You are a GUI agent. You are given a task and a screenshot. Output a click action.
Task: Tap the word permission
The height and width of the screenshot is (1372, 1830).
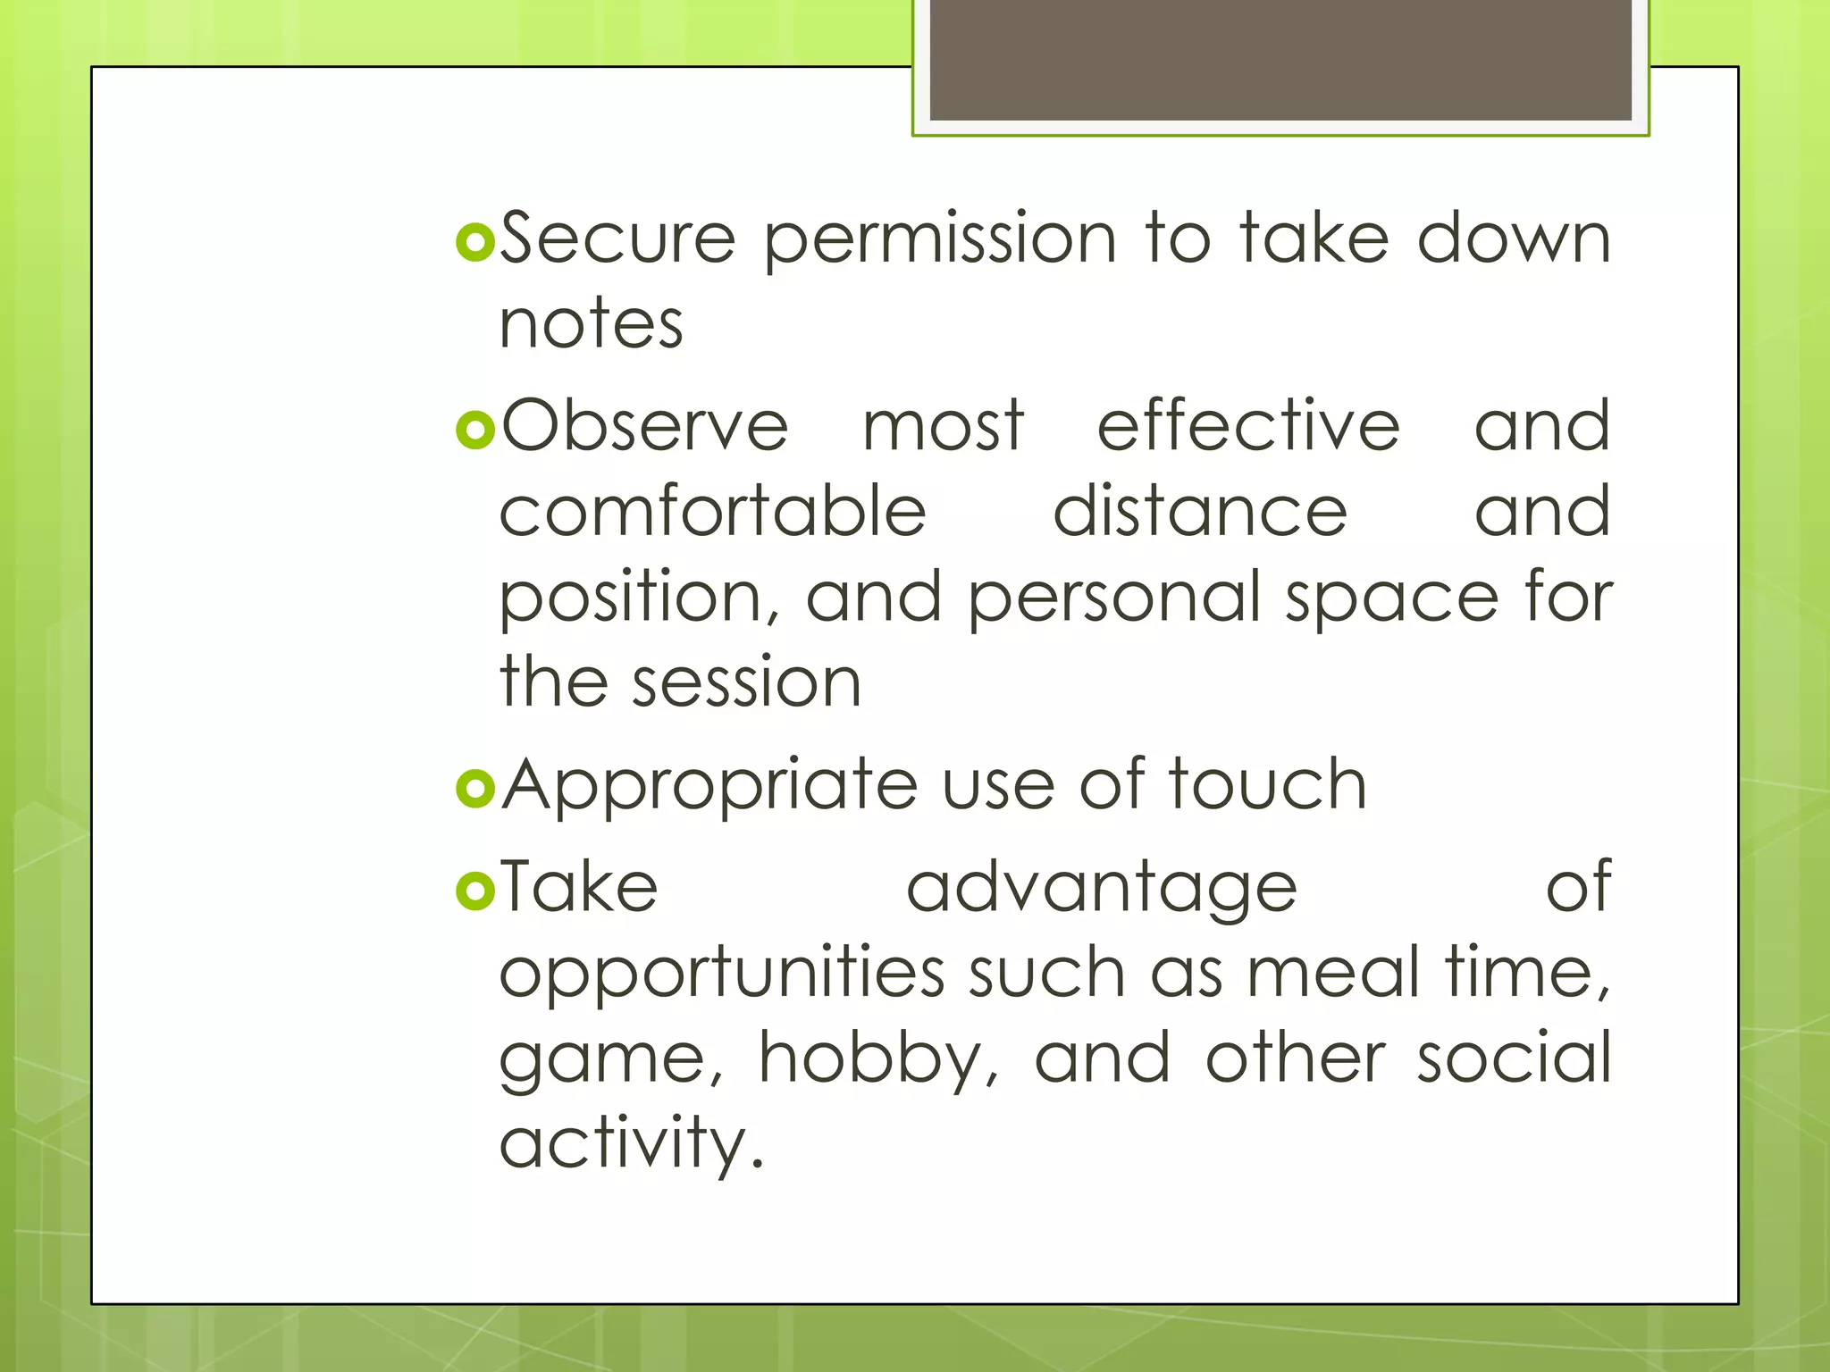(940, 239)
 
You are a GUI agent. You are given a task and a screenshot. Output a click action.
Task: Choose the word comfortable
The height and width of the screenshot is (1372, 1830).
(712, 511)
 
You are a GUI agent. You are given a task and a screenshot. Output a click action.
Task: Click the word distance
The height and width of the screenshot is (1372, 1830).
(1199, 511)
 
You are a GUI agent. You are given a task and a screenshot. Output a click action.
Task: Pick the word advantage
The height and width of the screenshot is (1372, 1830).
(1101, 888)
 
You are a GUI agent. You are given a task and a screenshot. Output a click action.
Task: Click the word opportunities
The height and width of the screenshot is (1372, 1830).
(722, 974)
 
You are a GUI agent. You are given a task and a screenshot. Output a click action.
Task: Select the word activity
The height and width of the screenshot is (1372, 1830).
(632, 1143)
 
